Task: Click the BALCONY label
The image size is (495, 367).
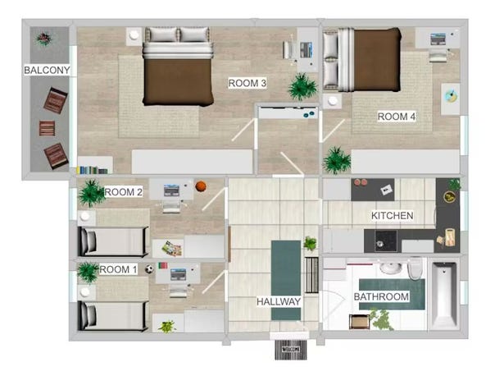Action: pyautogui.click(x=47, y=70)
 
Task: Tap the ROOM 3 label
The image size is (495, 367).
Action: pyautogui.click(x=247, y=83)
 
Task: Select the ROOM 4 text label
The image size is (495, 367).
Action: pyautogui.click(x=397, y=117)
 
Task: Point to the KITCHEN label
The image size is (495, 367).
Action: pyautogui.click(x=392, y=215)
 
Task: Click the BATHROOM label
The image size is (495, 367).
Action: pyautogui.click(x=381, y=296)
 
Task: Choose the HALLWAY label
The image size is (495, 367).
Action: pyautogui.click(x=279, y=301)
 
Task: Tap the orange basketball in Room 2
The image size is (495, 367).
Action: pyautogui.click(x=201, y=186)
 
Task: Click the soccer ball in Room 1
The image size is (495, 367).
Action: pyautogui.click(x=149, y=269)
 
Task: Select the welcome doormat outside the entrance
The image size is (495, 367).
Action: pyautogui.click(x=291, y=350)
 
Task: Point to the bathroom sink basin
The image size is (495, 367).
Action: pyautogui.click(x=390, y=268)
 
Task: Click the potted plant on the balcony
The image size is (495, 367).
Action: pyautogui.click(x=43, y=39)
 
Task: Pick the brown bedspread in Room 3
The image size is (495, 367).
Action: pyautogui.click(x=178, y=81)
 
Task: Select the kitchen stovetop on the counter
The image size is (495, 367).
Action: pyautogui.click(x=385, y=241)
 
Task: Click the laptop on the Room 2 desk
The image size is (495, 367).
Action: pyautogui.click(x=171, y=190)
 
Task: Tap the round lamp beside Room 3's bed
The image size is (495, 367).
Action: pyautogui.click(x=134, y=35)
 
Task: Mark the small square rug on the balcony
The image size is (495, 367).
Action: pyautogui.click(x=47, y=128)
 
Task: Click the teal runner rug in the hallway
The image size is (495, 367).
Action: pyautogui.click(x=286, y=280)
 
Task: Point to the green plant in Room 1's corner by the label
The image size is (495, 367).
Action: pyautogui.click(x=88, y=272)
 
